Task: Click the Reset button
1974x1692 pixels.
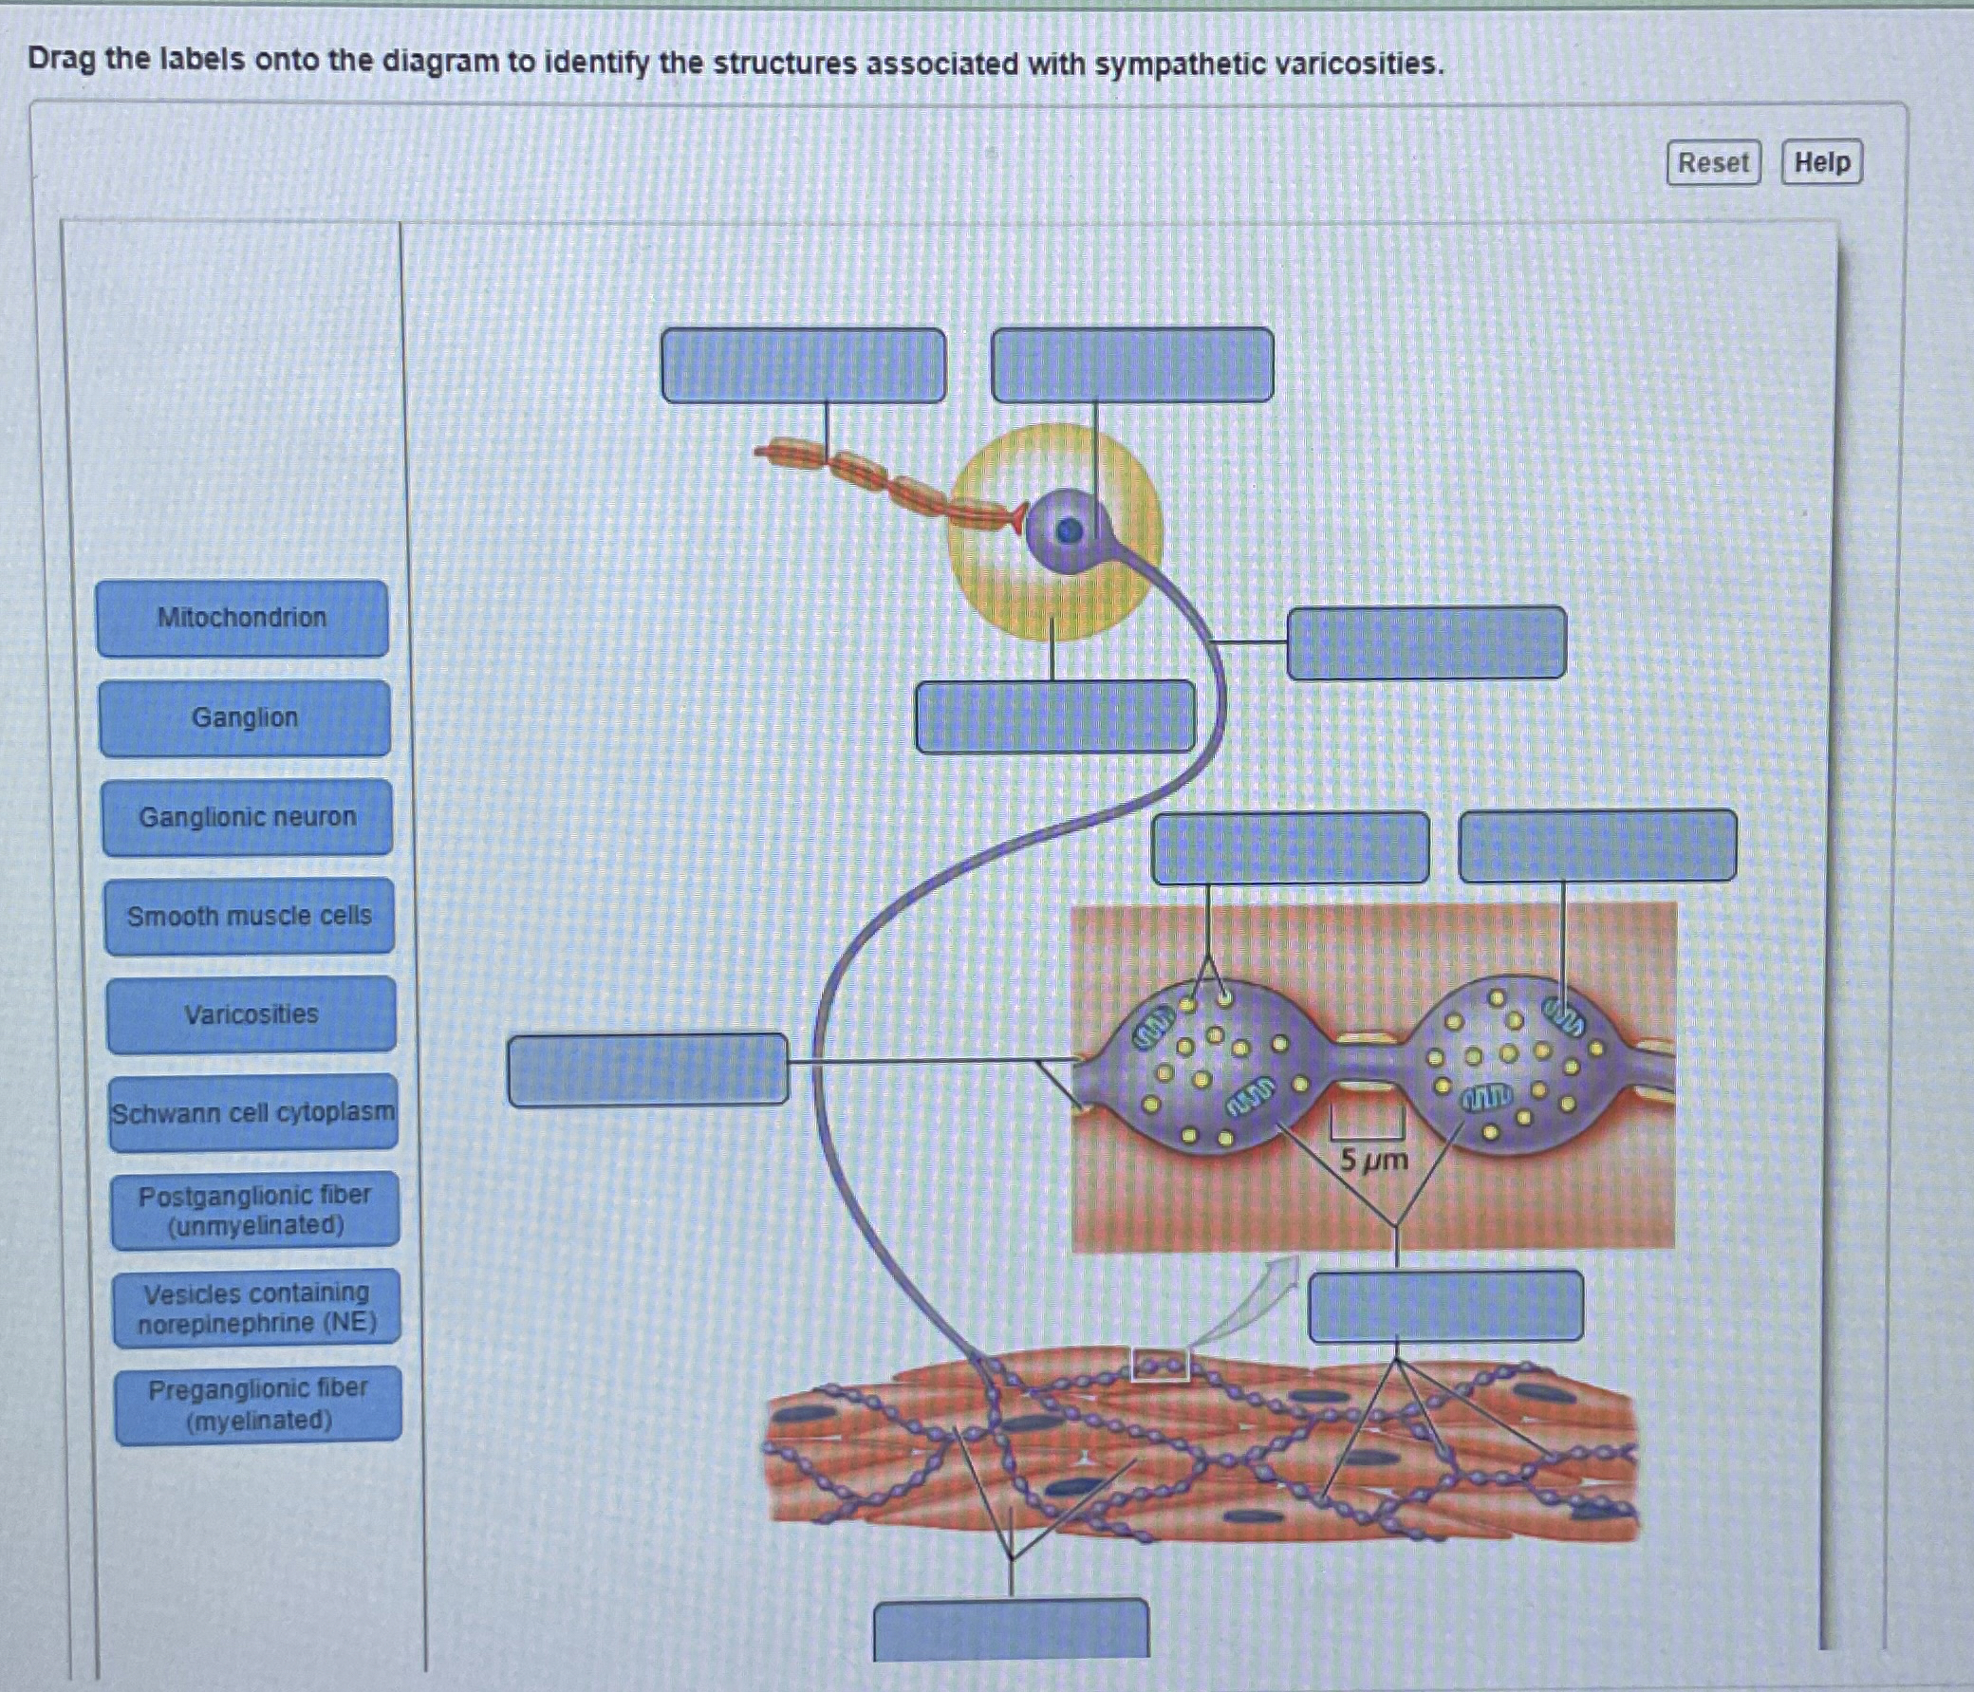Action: pos(1713,162)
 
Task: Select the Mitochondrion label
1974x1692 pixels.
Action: pos(242,619)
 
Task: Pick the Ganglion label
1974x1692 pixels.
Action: pos(245,717)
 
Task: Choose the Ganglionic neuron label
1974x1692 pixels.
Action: pos(247,817)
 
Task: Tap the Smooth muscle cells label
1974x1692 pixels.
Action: pos(249,916)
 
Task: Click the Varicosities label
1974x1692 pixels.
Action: pos(251,1013)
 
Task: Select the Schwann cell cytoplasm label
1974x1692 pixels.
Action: pos(252,1113)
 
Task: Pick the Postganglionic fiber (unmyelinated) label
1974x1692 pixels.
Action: pos(254,1209)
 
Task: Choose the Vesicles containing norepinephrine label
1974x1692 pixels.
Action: pos(256,1307)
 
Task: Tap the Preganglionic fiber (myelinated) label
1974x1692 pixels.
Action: pos(258,1404)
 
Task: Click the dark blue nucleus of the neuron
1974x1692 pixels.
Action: pos(1069,530)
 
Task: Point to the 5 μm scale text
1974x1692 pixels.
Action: pos(1373,1161)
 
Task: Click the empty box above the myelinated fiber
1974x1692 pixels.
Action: pos(803,365)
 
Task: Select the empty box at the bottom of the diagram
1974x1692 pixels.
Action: pos(1011,1629)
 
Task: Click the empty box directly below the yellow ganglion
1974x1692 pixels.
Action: pos(1054,716)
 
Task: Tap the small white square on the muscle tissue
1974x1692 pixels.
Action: pos(1160,1365)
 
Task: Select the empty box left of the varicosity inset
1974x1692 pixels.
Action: pos(648,1069)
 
